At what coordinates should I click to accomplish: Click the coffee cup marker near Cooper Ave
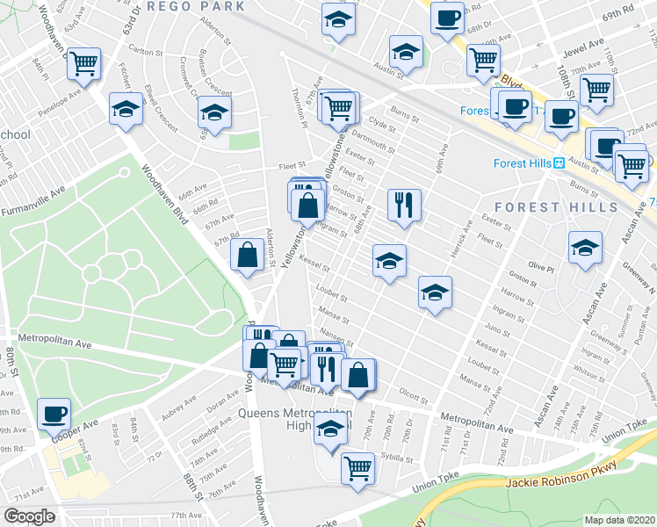click(54, 413)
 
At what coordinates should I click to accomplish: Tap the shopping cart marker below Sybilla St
click(357, 467)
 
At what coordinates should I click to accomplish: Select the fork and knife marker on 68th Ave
click(404, 206)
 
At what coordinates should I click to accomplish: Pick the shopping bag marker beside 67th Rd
click(248, 256)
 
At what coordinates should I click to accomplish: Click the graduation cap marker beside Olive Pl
click(585, 248)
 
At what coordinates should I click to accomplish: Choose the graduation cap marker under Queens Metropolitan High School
click(330, 430)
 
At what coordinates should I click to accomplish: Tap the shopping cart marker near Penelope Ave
click(84, 63)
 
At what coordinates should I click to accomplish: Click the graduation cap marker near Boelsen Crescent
click(213, 112)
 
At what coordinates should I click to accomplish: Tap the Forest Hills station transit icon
click(558, 162)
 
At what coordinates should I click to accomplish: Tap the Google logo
click(29, 516)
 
